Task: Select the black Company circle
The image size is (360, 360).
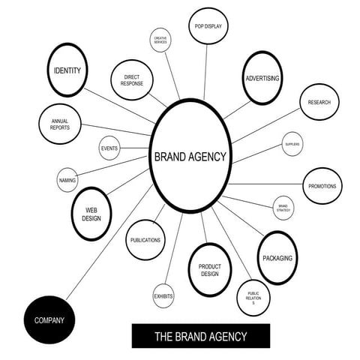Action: pyautogui.click(x=49, y=320)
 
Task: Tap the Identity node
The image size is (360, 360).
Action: pyautogui.click(x=68, y=70)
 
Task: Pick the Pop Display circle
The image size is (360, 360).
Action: pyautogui.click(x=208, y=27)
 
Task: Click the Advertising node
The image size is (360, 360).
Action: pyautogui.click(x=262, y=78)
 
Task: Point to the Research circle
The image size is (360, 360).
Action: pyautogui.click(x=319, y=102)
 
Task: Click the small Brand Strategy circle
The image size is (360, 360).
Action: pyautogui.click(x=283, y=208)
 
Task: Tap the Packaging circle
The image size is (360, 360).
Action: pyautogui.click(x=277, y=258)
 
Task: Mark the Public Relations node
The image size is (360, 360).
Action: pyautogui.click(x=253, y=298)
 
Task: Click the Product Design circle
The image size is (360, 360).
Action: pyautogui.click(x=209, y=269)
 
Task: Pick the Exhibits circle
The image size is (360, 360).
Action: pyautogui.click(x=163, y=296)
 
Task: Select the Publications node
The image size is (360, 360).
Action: pyautogui.click(x=145, y=240)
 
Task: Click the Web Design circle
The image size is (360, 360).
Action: pyautogui.click(x=92, y=213)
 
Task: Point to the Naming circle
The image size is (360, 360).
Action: pyautogui.click(x=67, y=180)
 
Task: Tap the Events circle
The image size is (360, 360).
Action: pyautogui.click(x=109, y=148)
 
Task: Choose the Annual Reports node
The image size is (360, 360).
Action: pyautogui.click(x=60, y=124)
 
